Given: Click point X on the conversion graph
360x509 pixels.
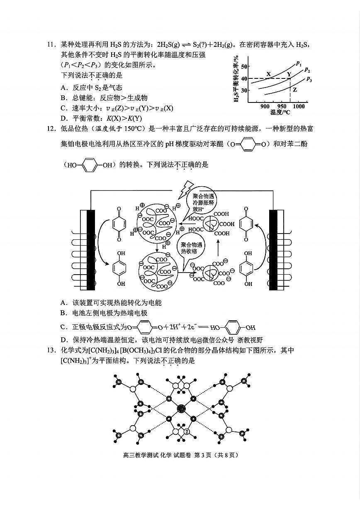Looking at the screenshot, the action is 268,75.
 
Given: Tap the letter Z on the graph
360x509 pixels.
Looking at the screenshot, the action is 294,90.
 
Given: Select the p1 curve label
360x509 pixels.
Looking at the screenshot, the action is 299,63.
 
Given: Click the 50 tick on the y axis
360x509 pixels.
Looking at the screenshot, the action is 243,66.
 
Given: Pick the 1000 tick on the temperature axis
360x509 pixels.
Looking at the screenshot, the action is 298,106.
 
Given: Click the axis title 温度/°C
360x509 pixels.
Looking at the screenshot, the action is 280,112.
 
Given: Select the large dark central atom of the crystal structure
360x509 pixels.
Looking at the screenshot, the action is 181,409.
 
